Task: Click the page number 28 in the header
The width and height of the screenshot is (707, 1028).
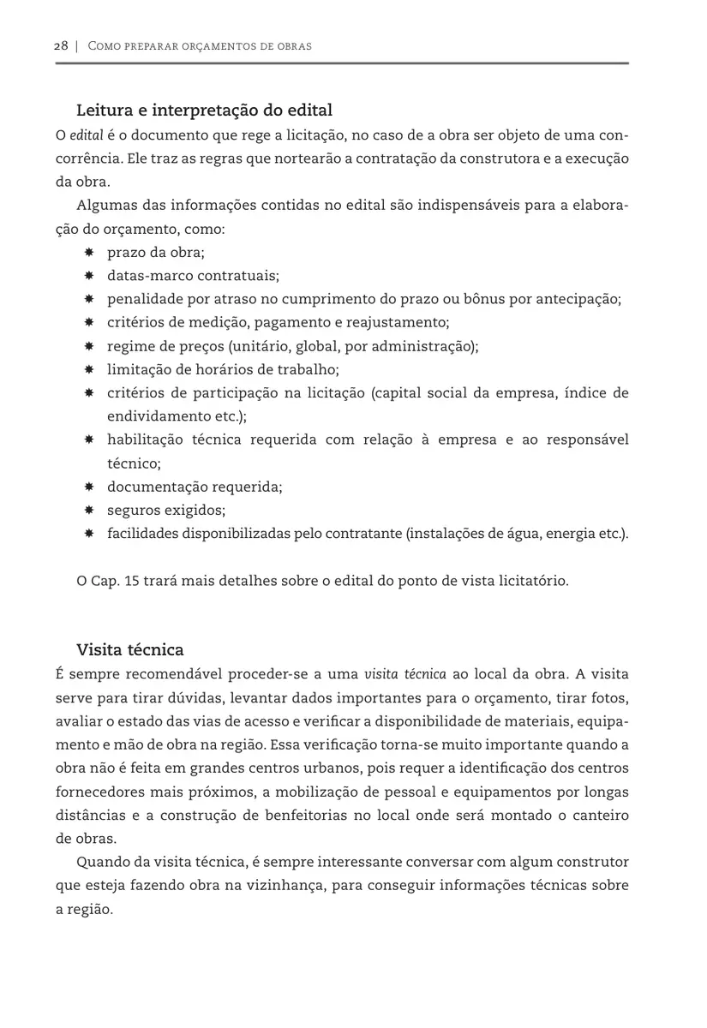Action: click(60, 46)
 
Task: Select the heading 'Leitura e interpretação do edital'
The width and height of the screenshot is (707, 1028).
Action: click(204, 111)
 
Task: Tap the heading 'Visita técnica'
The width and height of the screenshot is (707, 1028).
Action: click(130, 649)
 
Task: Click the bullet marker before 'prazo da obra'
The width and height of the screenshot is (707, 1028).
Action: click(89, 253)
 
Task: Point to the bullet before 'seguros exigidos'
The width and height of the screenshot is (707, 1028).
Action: click(89, 511)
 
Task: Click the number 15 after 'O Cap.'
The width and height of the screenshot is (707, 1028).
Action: click(132, 581)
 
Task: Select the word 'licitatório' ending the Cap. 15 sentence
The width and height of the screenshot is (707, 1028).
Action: click(533, 581)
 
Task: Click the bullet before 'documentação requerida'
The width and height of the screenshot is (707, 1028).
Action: click(89, 487)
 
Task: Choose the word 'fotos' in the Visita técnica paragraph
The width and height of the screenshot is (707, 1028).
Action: click(609, 696)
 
